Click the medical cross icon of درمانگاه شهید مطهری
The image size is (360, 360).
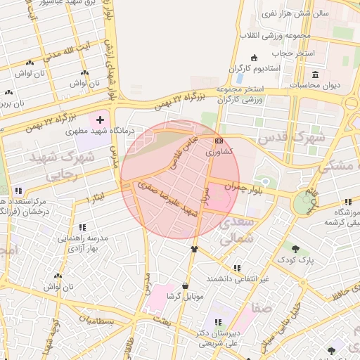(x=100, y=120)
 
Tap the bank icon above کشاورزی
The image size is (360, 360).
(x=218, y=141)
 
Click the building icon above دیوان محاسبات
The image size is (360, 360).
(x=315, y=75)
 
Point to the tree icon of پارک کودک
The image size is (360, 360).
(x=296, y=249)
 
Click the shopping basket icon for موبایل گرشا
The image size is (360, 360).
(x=185, y=286)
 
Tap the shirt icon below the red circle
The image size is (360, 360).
(x=195, y=249)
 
